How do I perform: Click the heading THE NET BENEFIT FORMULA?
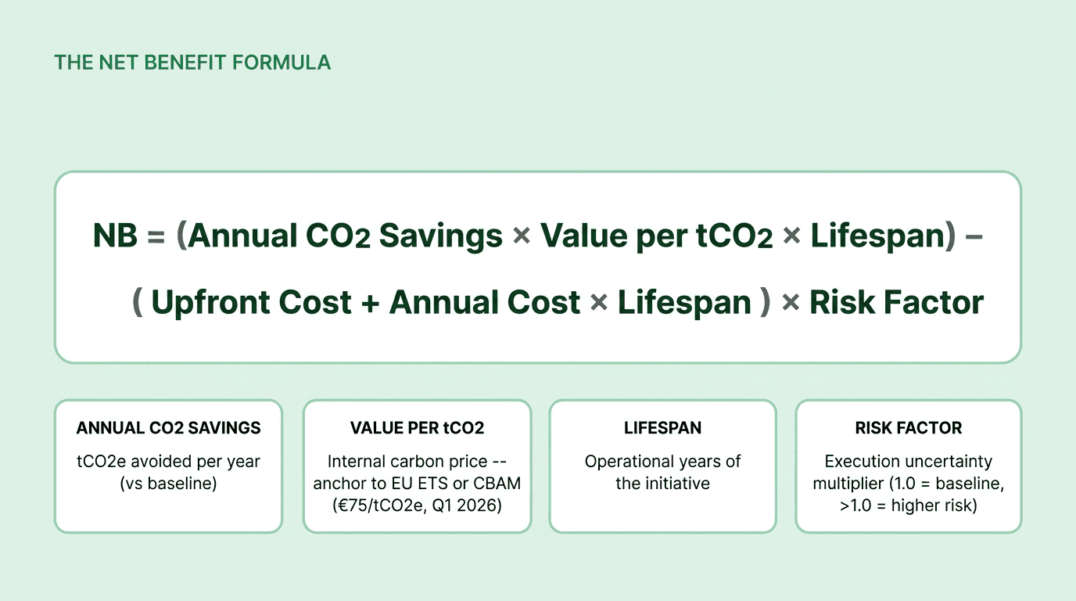click(x=192, y=63)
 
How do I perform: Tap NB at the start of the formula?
click(x=115, y=236)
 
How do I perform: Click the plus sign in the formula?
click(x=371, y=303)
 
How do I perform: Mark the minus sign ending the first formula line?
click(x=974, y=236)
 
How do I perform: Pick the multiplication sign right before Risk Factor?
click(x=791, y=303)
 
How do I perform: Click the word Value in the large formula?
click(x=582, y=236)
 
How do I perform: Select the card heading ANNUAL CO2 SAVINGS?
click(x=168, y=428)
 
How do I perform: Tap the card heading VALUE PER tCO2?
click(x=417, y=428)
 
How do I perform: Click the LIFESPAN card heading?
click(x=662, y=428)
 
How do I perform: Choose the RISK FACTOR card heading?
click(x=908, y=428)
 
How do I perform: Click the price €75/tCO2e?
click(x=375, y=506)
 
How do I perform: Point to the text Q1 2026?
click(x=474, y=506)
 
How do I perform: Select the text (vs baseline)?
click(x=168, y=484)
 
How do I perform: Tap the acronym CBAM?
click(x=497, y=484)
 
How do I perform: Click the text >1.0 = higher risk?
click(x=908, y=506)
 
